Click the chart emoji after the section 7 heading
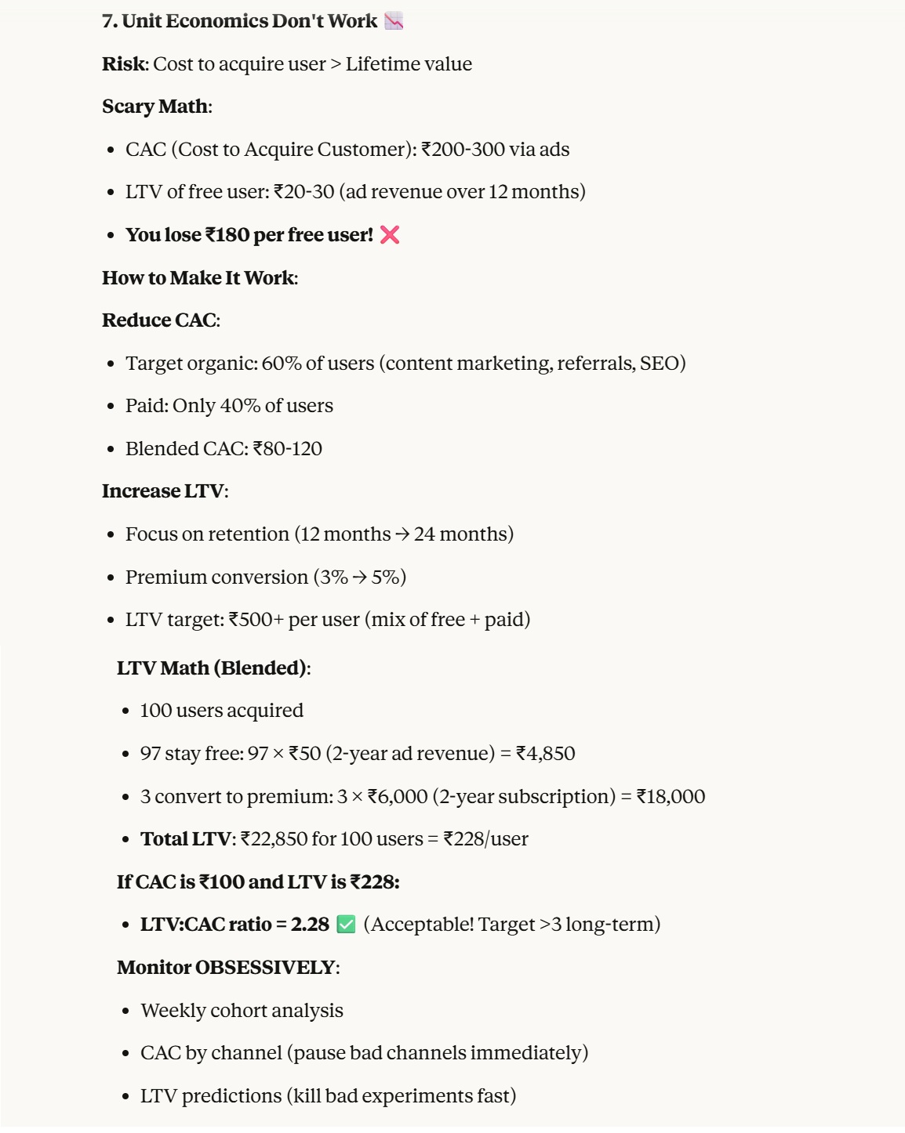pos(394,21)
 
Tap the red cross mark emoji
pos(390,235)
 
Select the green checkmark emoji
pos(346,925)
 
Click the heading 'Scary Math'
pos(155,107)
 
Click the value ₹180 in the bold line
pos(227,235)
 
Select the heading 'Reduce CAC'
pos(159,320)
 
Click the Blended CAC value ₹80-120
pos(288,449)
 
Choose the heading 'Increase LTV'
pos(163,491)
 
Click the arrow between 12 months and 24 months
pos(402,534)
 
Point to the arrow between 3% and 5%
pos(360,577)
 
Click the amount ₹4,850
pos(546,754)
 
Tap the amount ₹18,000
pos(671,797)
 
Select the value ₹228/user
pos(486,839)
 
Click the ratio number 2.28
pos(310,925)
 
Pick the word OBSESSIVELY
pos(265,968)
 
